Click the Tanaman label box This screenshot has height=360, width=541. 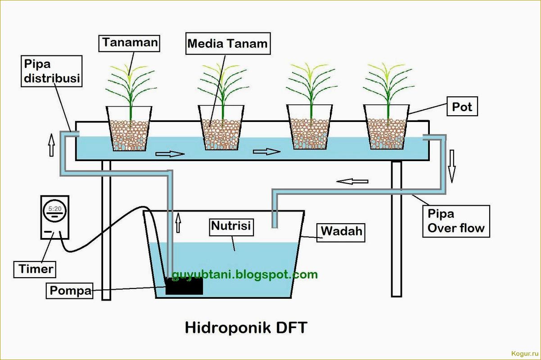pos(130,43)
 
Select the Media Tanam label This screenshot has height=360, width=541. pos(227,44)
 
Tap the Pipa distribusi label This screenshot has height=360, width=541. pos(52,71)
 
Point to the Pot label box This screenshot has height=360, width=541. pos(462,107)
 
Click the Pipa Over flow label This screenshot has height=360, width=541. pos(455,221)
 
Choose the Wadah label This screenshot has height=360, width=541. pos(341,232)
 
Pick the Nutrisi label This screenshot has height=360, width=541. pos(231,226)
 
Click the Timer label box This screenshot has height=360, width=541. pos(36,269)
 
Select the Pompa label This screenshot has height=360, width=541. pos(70,291)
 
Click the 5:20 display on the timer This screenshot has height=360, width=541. pos(55,209)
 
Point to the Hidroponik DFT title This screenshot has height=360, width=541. pos(246,327)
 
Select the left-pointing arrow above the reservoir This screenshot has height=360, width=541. pos(352,181)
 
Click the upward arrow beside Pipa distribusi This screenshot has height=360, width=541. pos(51,144)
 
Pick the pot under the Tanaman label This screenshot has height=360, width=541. pos(129,128)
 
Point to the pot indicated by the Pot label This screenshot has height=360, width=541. pos(386,128)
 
